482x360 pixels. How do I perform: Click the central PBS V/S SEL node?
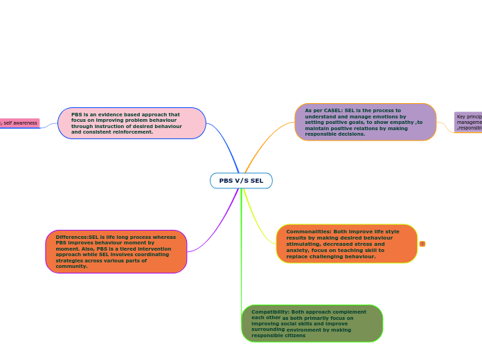coord(241,181)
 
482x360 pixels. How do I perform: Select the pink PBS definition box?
coord(132,123)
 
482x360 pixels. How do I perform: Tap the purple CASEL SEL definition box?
coord(365,122)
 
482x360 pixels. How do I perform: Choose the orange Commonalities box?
coord(346,244)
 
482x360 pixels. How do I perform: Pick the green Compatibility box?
coord(312,323)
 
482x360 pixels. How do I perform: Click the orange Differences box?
coord(116,251)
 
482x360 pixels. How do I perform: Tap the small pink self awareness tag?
coord(19,123)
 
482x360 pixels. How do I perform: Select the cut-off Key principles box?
coord(468,122)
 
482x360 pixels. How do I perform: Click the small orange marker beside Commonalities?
coord(422,244)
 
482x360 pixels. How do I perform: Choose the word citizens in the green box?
coord(294,335)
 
